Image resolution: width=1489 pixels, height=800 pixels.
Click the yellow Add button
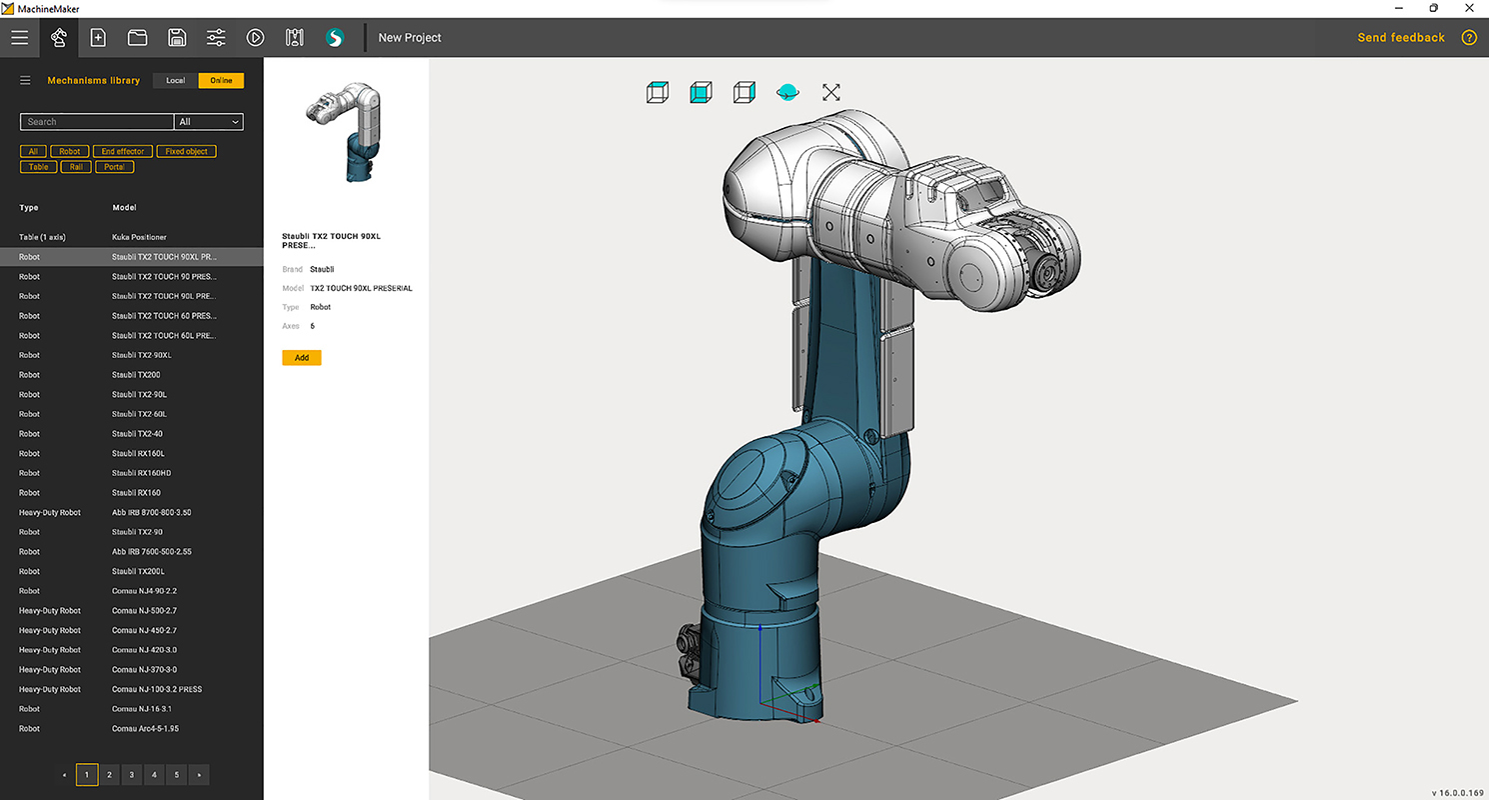click(x=301, y=357)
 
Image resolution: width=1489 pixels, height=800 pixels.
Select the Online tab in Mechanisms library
click(x=221, y=80)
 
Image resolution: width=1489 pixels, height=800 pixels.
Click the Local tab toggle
click(x=175, y=80)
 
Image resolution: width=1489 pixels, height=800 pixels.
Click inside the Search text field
click(x=96, y=122)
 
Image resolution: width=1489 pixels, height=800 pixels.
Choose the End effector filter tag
click(x=123, y=151)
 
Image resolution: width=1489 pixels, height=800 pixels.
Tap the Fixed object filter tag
click(x=187, y=151)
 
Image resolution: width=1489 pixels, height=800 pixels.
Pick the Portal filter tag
click(x=115, y=167)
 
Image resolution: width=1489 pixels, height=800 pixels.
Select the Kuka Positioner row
click(x=139, y=237)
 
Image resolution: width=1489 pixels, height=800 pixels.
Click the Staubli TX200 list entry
click(x=136, y=375)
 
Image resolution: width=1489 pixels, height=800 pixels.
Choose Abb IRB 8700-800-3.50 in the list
click(x=151, y=512)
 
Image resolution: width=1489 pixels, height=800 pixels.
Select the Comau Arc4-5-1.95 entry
click(x=145, y=729)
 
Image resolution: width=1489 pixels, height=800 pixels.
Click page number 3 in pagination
click(x=131, y=774)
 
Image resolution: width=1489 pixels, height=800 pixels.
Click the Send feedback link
click(x=1400, y=38)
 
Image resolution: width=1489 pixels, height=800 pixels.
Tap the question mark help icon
click(x=1468, y=38)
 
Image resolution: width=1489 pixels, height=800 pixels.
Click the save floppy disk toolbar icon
click(x=177, y=38)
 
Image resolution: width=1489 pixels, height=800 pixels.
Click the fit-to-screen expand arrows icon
click(x=830, y=92)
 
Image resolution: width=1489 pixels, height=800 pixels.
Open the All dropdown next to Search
click(x=209, y=122)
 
